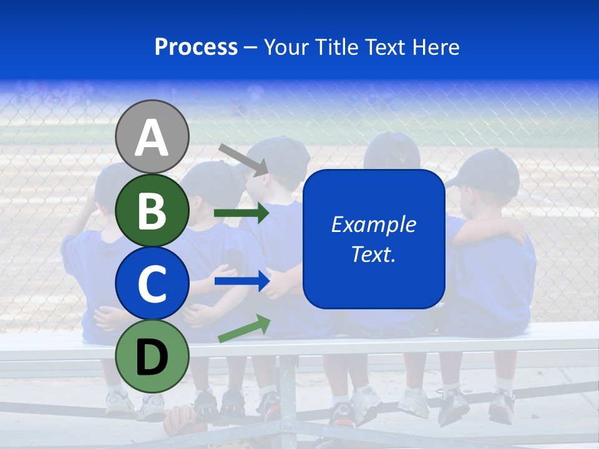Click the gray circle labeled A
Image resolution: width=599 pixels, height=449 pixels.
pyautogui.click(x=152, y=137)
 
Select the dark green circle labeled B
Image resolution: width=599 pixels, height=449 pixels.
pyautogui.click(x=152, y=210)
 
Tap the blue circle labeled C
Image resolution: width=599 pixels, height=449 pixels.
pyautogui.click(x=152, y=283)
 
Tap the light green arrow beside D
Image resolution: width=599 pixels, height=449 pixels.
pyautogui.click(x=244, y=329)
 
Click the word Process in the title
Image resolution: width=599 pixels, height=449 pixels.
pyautogui.click(x=196, y=47)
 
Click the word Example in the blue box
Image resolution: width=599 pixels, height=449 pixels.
pyautogui.click(x=373, y=224)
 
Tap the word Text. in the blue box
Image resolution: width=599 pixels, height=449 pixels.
pyautogui.click(x=373, y=254)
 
